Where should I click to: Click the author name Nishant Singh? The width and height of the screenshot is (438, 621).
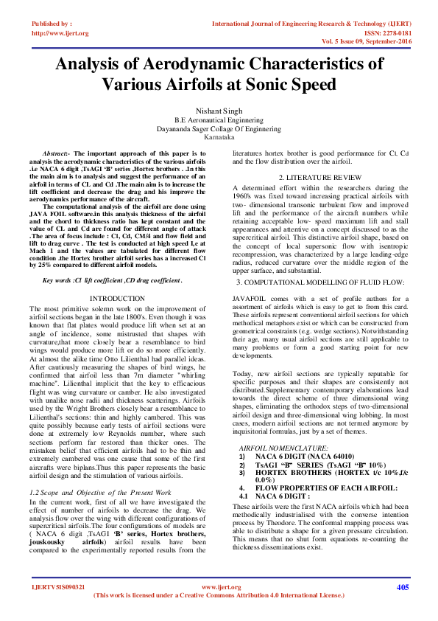pyautogui.click(x=218, y=111)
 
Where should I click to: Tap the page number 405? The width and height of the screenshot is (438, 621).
pyautogui.click(x=402, y=587)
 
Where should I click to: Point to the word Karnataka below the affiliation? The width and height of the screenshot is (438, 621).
pyautogui.click(x=218, y=137)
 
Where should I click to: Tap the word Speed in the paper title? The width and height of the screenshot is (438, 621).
pyautogui.click(x=300, y=83)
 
